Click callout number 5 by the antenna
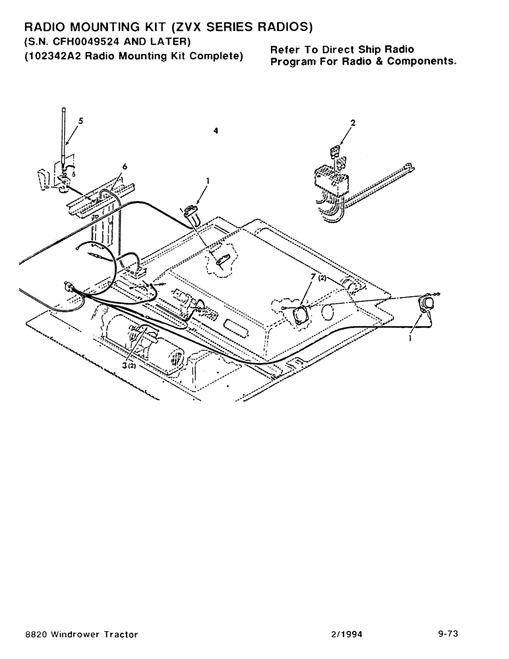point(80,121)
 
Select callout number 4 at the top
point(216,131)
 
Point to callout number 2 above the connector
point(353,123)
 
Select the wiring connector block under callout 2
point(330,179)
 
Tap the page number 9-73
point(448,634)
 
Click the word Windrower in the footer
point(78,634)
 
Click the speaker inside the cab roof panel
point(301,314)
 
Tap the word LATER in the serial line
point(167,43)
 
